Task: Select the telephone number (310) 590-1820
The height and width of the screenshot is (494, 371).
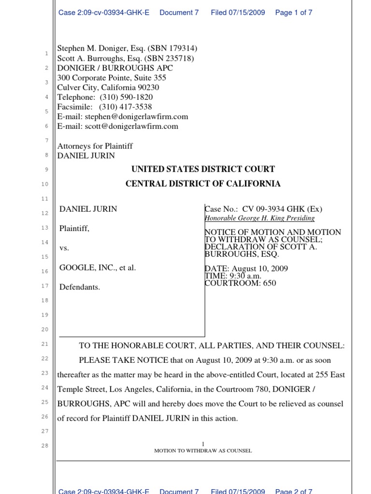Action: pos(126,97)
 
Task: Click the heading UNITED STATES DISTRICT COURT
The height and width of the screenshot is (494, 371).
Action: pos(203,169)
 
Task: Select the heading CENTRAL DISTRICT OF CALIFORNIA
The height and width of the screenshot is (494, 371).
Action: pos(203,184)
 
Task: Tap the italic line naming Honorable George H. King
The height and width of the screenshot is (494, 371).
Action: pos(260,219)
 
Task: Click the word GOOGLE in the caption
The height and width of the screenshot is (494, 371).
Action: pos(76,268)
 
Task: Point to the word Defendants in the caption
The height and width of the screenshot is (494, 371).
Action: pos(80,288)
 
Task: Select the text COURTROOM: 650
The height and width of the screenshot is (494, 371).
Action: pos(241,283)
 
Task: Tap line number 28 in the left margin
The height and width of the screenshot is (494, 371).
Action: pos(44,446)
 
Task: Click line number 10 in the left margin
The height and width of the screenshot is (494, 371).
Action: pos(44,184)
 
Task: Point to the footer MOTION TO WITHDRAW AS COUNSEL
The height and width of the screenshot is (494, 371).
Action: pos(203,451)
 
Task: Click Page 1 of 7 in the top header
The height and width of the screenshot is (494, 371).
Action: pos(294,13)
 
